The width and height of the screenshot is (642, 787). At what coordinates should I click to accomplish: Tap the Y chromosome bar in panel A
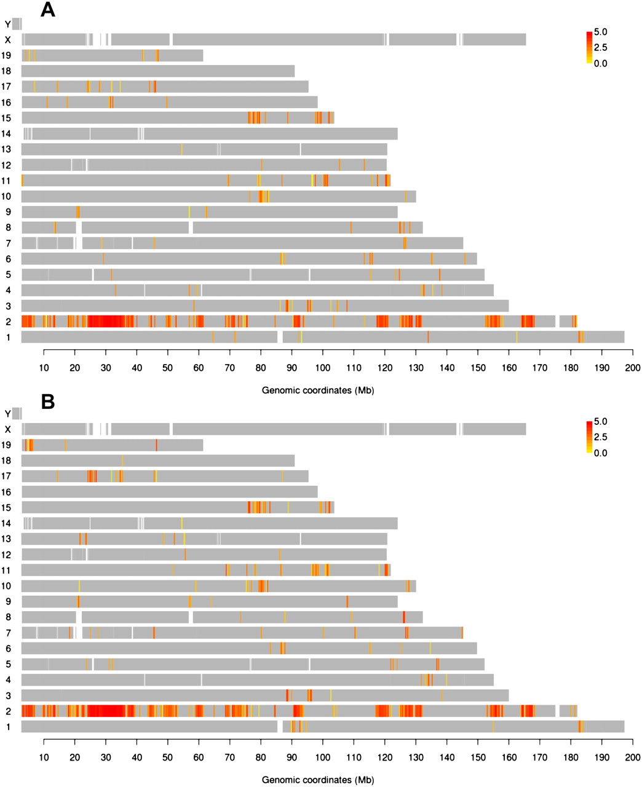tap(17, 24)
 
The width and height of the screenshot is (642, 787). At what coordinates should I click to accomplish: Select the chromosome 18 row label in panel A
tap(7, 71)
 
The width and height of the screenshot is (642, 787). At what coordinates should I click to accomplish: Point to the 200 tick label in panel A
tap(633, 368)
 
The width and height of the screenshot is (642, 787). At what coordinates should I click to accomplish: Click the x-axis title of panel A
tap(318, 390)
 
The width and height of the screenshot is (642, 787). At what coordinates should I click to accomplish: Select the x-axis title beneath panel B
tap(318, 780)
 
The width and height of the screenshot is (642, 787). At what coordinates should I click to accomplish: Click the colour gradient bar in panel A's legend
tap(590, 47)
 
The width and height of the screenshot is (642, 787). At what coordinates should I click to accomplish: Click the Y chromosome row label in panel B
tap(7, 414)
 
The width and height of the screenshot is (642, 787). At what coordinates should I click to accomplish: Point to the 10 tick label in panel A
tap(44, 368)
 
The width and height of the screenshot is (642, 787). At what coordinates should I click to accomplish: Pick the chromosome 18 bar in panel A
tap(158, 71)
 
